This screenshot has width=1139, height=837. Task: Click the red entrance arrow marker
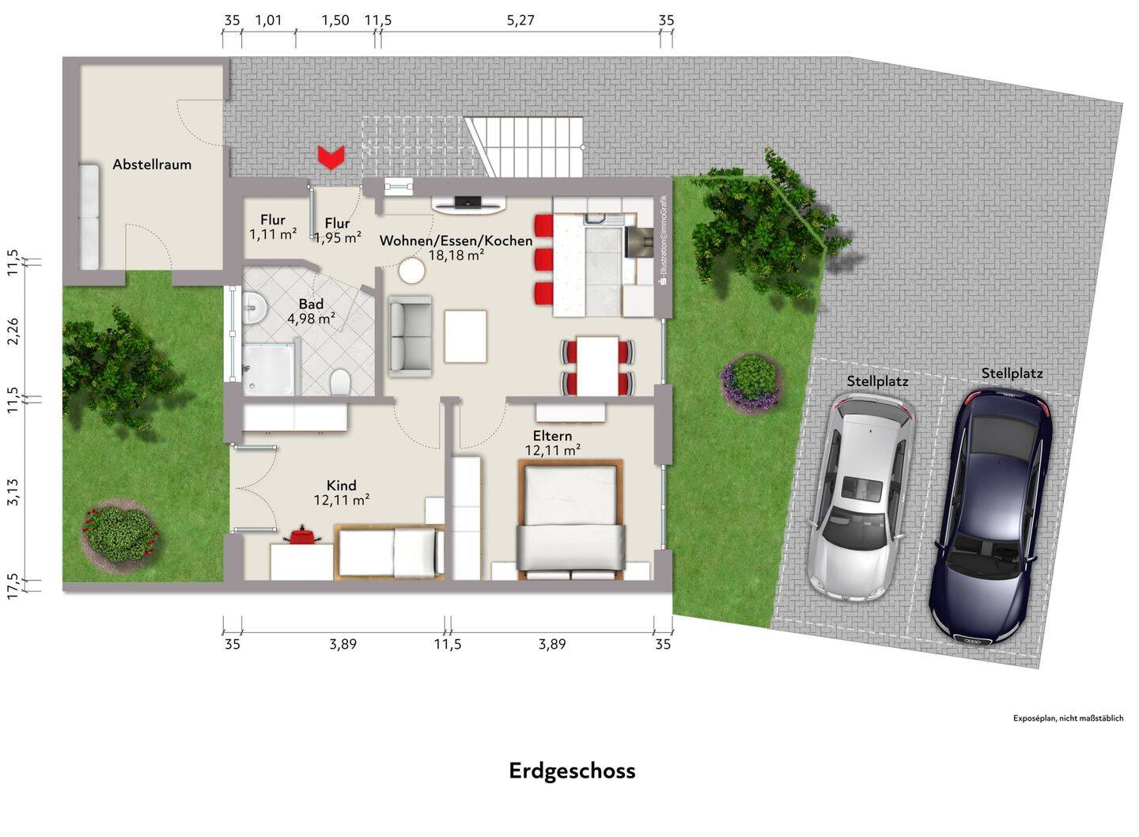click(331, 157)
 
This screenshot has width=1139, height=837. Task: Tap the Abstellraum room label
click(152, 165)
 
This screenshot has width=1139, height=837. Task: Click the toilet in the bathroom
click(339, 381)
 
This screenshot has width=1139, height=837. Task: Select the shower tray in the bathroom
click(268, 369)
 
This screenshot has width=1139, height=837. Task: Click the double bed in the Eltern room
click(570, 520)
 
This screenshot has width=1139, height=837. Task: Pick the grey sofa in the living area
click(410, 337)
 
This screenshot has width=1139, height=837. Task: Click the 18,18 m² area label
click(456, 255)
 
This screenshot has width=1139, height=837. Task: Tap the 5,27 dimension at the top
click(520, 21)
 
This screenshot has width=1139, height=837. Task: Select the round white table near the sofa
click(411, 271)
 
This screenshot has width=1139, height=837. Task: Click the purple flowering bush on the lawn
click(750, 381)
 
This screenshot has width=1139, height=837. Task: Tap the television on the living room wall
click(468, 203)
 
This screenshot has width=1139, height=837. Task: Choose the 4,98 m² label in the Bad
click(311, 319)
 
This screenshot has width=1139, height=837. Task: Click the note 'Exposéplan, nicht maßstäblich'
click(1069, 718)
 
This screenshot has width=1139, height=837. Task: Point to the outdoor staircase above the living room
click(524, 147)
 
